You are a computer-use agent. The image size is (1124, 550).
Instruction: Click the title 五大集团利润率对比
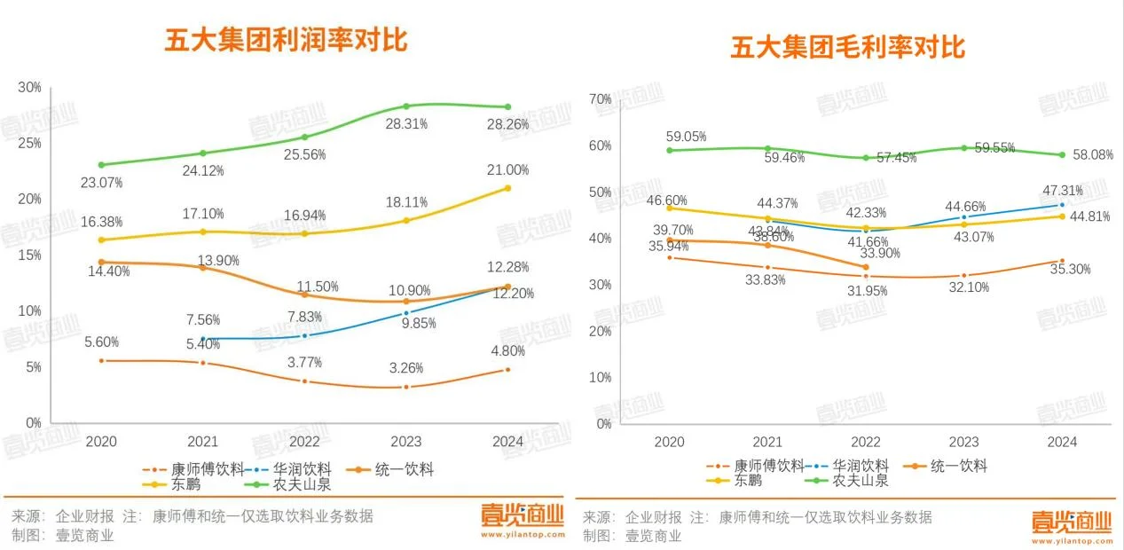tap(286, 41)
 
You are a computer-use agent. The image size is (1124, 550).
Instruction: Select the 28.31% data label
tap(405, 124)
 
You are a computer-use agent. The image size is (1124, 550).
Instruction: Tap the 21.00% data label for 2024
tap(507, 170)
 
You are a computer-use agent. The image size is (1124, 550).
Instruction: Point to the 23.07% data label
tap(101, 183)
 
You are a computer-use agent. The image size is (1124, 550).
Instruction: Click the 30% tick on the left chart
tap(30, 87)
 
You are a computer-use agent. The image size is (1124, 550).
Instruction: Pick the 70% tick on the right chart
tap(601, 99)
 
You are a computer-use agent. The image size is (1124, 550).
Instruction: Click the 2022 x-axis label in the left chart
tap(304, 441)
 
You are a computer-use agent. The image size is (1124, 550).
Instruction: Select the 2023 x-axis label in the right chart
tap(963, 442)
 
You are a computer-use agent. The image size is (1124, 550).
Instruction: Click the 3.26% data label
tap(405, 368)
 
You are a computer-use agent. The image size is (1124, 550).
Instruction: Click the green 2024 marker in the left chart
tap(507, 107)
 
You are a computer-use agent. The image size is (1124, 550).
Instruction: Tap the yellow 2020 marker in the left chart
tap(101, 240)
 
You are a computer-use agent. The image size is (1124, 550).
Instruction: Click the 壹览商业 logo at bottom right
tap(1071, 521)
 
